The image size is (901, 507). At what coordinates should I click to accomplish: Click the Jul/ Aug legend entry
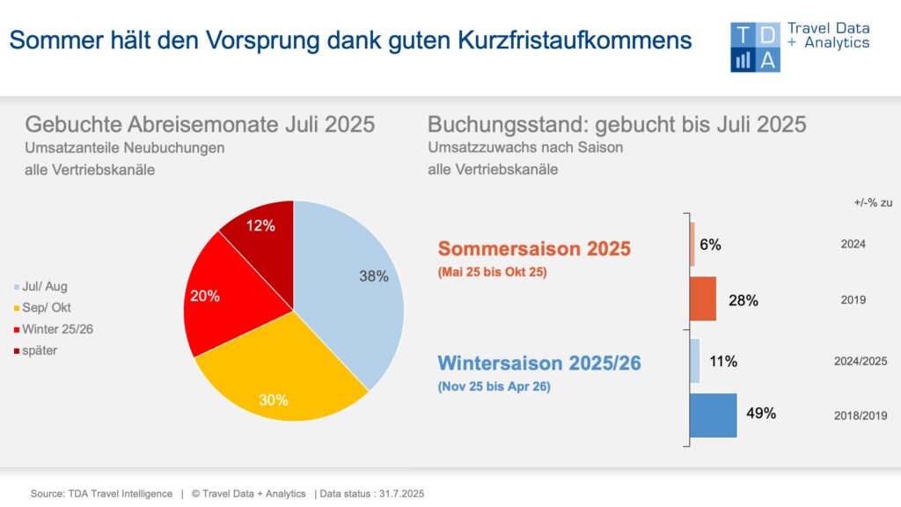[40, 286]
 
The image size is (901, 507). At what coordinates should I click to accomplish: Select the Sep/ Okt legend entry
[42, 307]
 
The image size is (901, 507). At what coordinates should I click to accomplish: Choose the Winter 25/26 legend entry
[54, 329]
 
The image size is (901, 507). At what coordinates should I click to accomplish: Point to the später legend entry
[35, 350]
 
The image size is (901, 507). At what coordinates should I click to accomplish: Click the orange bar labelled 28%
[703, 299]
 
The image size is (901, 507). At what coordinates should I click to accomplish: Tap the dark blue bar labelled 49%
[713, 415]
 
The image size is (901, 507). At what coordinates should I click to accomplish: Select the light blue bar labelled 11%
[695, 361]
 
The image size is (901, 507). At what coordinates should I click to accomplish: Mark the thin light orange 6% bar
[692, 245]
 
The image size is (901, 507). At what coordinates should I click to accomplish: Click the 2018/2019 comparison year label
[861, 415]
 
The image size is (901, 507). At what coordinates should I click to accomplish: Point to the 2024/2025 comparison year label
[861, 361]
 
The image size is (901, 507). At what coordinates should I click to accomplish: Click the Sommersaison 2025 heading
[534, 248]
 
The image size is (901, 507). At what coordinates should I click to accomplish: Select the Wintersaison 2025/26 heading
[539, 363]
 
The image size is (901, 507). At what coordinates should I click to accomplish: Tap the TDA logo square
[755, 48]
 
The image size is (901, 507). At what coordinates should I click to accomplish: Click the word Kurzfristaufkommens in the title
[575, 40]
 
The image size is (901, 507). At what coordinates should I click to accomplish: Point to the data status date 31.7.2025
[401, 494]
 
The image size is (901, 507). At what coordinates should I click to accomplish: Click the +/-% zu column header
[873, 203]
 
